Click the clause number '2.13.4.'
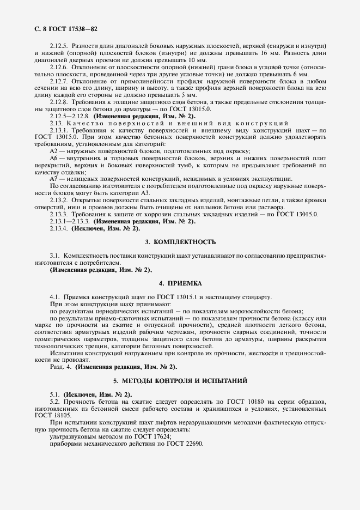click(x=59, y=229)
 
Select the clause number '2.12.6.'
click(x=59, y=67)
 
